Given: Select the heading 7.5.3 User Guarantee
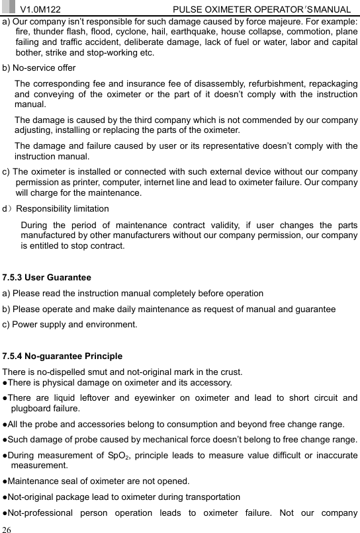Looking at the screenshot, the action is (47, 277).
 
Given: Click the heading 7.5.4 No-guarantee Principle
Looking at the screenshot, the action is (63, 356).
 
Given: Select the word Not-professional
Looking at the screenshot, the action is (40, 512).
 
